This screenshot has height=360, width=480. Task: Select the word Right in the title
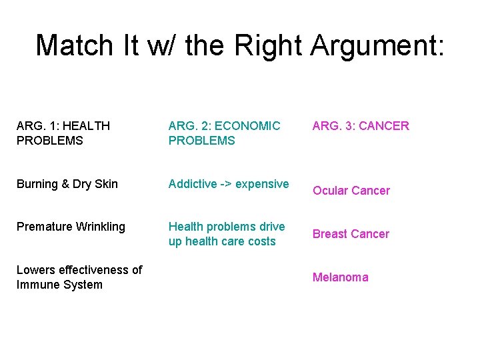(x=266, y=45)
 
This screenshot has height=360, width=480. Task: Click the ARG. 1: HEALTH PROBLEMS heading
(x=63, y=133)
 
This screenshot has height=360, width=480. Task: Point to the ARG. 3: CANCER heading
(x=361, y=125)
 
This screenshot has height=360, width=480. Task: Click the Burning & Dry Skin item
(x=67, y=184)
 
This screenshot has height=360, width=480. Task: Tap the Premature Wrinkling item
(x=71, y=227)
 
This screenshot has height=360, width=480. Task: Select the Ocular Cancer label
(x=351, y=191)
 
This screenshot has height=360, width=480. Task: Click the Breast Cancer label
(x=351, y=234)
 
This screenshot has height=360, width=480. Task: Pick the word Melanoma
(x=340, y=277)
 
